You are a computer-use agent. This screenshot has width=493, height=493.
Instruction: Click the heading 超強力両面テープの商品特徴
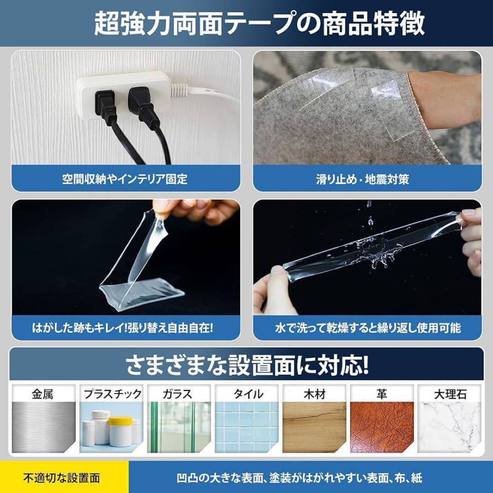(259, 24)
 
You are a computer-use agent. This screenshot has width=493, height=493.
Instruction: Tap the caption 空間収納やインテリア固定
(125, 179)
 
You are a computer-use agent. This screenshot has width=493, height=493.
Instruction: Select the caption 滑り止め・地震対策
(362, 179)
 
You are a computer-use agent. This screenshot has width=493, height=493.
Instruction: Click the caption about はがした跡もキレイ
(123, 328)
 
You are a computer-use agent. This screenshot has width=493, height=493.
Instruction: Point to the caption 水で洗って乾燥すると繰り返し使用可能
(368, 328)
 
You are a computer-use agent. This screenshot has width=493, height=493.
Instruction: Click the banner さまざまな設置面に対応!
(247, 365)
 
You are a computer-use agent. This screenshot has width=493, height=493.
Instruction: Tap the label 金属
(42, 394)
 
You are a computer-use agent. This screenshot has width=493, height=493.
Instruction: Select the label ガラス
(177, 394)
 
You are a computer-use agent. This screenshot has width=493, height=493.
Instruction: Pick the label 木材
(315, 394)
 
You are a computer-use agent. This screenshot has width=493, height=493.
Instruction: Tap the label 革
(382, 394)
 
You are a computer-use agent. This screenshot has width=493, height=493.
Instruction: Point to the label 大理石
(450, 394)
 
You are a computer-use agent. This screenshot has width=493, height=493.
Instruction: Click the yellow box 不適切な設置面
(64, 477)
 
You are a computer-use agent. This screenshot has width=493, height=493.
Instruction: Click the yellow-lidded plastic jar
(120, 431)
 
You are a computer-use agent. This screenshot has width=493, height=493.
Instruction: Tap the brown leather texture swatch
(382, 427)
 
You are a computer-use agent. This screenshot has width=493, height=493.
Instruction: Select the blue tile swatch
(247, 427)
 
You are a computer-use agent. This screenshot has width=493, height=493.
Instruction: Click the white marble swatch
(450, 427)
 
